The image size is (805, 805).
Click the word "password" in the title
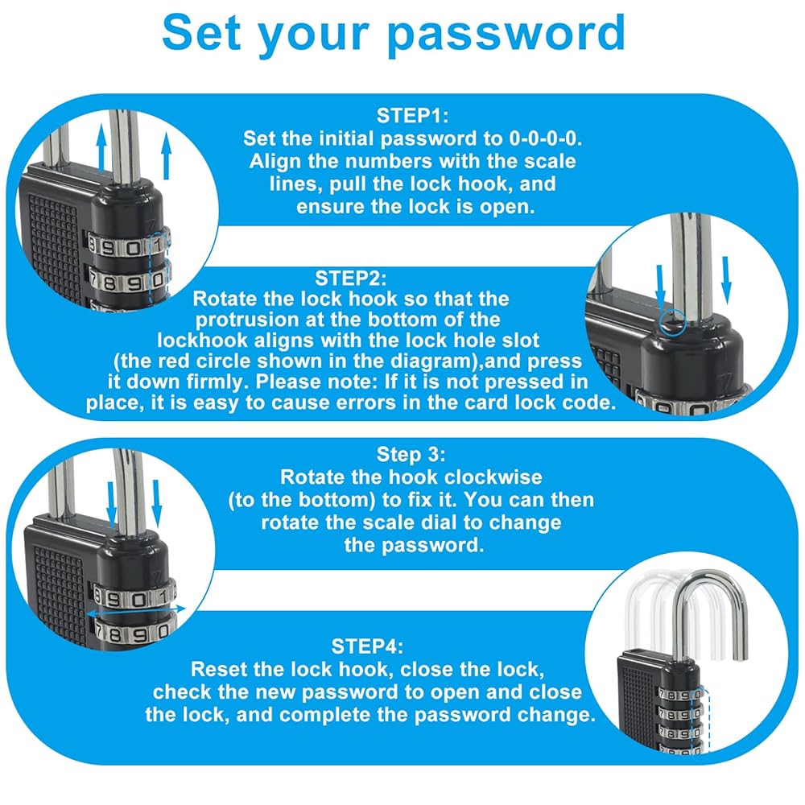click(506, 33)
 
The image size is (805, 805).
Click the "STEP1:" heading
click(413, 115)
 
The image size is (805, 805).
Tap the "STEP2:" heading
click(351, 279)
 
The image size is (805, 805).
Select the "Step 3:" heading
click(411, 454)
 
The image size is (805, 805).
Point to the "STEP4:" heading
click(368, 646)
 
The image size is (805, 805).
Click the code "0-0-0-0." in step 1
click(546, 138)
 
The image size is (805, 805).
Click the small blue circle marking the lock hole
click(672, 324)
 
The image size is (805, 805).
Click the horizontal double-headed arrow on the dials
click(136, 611)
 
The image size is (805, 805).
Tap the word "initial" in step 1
click(347, 138)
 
